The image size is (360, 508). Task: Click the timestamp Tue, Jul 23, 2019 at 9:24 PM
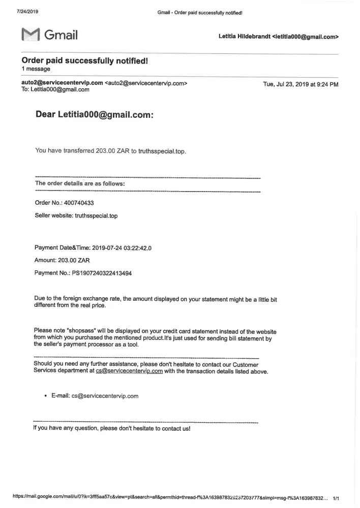click(x=301, y=84)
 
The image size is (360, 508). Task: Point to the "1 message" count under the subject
click(x=36, y=69)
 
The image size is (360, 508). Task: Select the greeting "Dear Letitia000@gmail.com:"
click(x=94, y=115)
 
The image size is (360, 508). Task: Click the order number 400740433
click(x=79, y=203)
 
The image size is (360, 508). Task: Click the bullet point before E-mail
click(x=46, y=396)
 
